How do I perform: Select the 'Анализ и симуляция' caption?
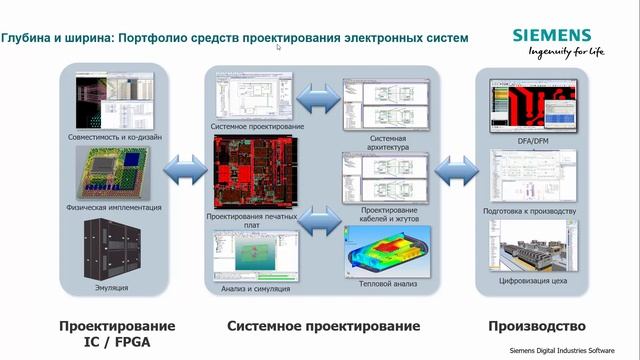tap(256, 289)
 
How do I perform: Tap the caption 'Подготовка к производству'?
tap(533, 211)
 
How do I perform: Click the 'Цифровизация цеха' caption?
tap(533, 283)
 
